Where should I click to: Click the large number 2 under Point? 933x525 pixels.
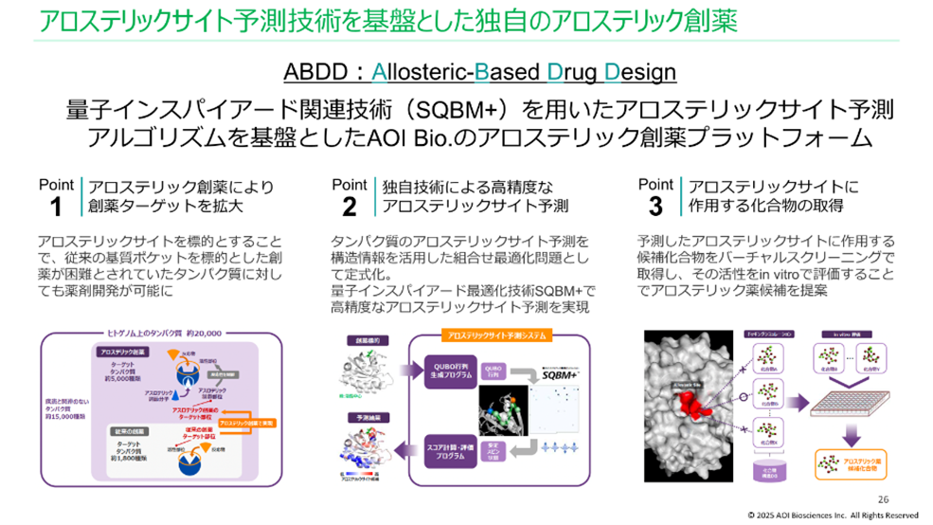coord(350,206)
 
